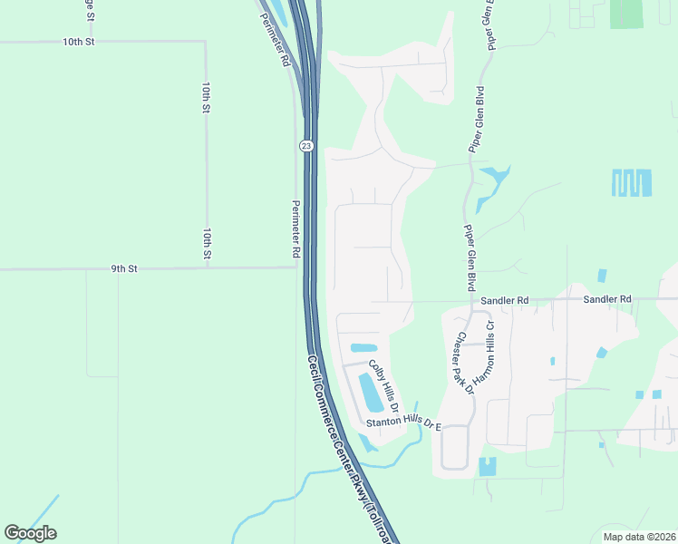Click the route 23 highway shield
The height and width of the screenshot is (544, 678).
click(307, 146)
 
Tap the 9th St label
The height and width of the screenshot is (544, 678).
click(124, 268)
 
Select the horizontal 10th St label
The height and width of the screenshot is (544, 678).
click(79, 42)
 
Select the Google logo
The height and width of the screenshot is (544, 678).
click(30, 533)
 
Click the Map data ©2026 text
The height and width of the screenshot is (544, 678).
click(638, 536)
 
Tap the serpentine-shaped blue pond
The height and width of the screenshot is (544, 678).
click(632, 183)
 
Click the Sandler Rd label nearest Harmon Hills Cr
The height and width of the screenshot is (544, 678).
click(505, 299)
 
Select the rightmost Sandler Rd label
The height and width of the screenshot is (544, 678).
click(607, 298)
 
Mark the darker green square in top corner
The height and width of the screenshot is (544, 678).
click(625, 13)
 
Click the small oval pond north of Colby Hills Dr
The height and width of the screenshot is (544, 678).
click(363, 347)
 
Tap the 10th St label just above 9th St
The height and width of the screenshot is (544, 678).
click(208, 245)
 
